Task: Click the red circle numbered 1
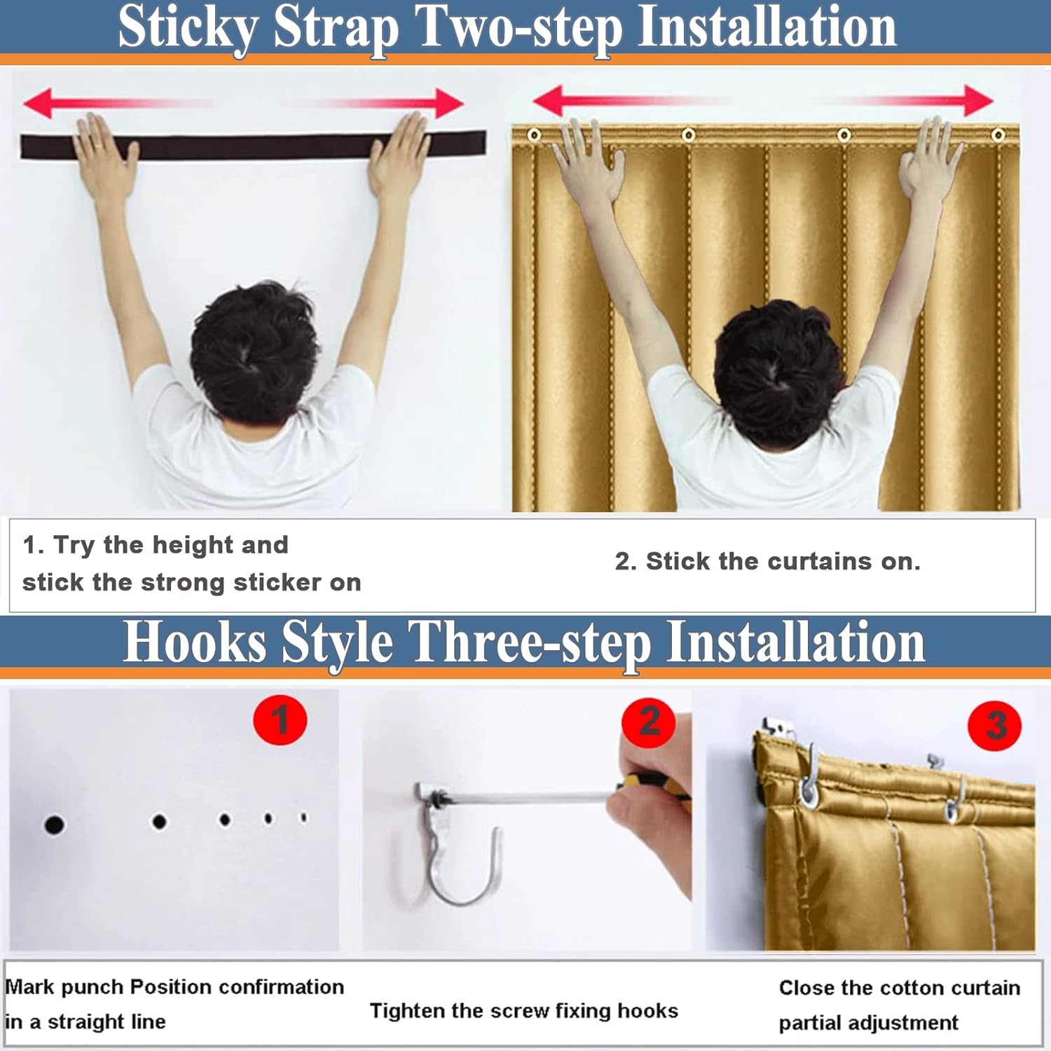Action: tap(280, 720)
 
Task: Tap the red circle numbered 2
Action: tap(649, 722)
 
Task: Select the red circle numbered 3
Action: tap(995, 725)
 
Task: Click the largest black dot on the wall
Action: tap(54, 825)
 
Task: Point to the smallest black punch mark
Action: tap(303, 817)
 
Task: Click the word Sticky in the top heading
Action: tap(188, 28)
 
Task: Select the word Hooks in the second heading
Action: tap(195, 643)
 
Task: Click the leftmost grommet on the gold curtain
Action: tap(534, 135)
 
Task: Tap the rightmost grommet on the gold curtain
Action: tap(998, 135)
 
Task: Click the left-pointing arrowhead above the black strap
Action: tap(38, 103)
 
